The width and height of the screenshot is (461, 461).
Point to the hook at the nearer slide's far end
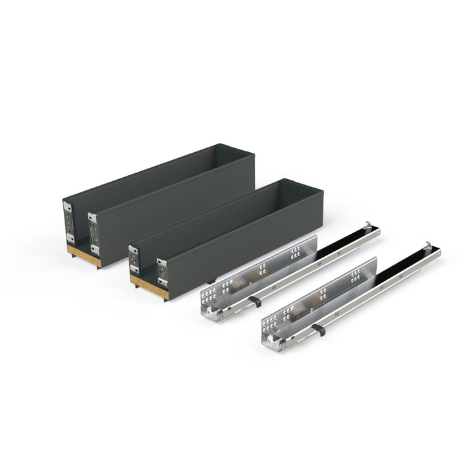coord(429,246)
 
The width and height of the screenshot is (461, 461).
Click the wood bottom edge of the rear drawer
coord(83,256)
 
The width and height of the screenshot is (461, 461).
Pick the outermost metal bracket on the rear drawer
coord(68,223)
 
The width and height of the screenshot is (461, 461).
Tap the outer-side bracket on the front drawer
coord(134,259)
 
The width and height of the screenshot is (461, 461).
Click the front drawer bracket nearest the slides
coord(161,273)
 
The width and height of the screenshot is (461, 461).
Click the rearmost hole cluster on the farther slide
coord(296,252)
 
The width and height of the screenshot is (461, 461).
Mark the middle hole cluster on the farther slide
coord(263,269)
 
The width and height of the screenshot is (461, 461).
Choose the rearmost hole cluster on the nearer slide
coord(356,275)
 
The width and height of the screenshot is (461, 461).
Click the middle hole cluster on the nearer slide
coord(323,294)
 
